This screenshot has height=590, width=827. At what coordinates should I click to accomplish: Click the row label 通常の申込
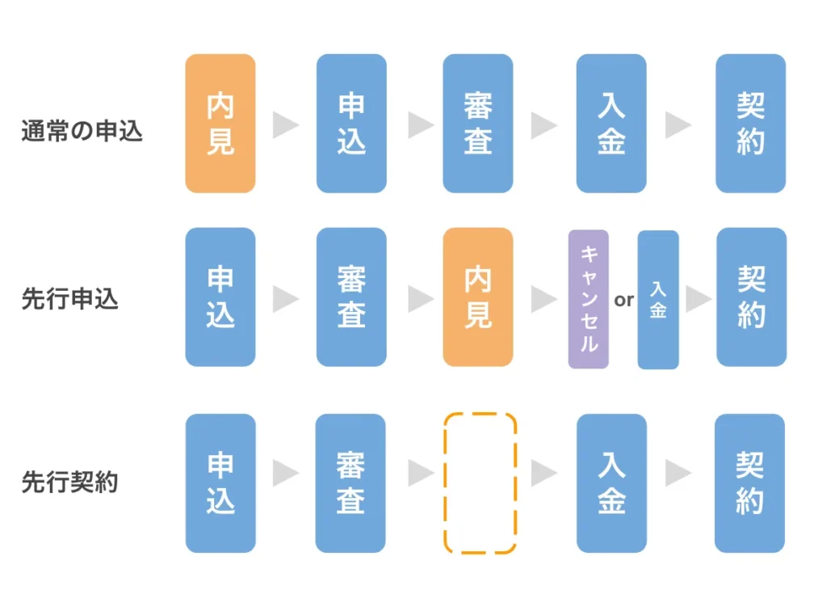tap(82, 131)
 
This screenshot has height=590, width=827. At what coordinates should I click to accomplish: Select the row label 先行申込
tap(69, 299)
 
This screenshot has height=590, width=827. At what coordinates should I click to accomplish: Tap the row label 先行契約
tap(69, 483)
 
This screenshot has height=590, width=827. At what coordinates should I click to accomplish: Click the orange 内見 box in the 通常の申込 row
tap(220, 124)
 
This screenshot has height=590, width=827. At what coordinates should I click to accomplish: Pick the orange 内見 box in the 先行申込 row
tap(477, 297)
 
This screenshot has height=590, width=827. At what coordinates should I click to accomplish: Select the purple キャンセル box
tap(588, 299)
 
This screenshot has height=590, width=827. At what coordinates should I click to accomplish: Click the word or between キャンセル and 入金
tap(623, 300)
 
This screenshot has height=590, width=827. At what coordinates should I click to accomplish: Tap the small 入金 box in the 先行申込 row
tap(658, 300)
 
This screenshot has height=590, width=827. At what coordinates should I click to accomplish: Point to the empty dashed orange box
tap(480, 483)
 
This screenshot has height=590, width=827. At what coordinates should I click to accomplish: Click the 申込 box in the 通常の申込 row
tap(351, 124)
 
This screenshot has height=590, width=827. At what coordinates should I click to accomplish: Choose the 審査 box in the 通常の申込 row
tap(477, 124)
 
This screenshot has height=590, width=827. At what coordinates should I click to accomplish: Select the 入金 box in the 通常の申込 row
tap(611, 124)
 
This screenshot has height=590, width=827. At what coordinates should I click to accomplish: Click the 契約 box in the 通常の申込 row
tap(751, 124)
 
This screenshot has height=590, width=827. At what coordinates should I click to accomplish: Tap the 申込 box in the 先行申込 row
tap(220, 297)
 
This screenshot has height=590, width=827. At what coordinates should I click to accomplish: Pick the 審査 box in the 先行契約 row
tap(351, 483)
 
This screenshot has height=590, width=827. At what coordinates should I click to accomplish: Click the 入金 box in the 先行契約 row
tap(611, 483)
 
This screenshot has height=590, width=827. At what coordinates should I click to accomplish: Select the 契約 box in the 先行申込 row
tap(751, 297)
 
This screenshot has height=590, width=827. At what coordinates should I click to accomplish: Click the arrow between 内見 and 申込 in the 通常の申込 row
tap(285, 125)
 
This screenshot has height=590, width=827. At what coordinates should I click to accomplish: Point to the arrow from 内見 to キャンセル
tap(543, 300)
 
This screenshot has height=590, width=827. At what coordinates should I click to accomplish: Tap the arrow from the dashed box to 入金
tap(543, 474)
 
